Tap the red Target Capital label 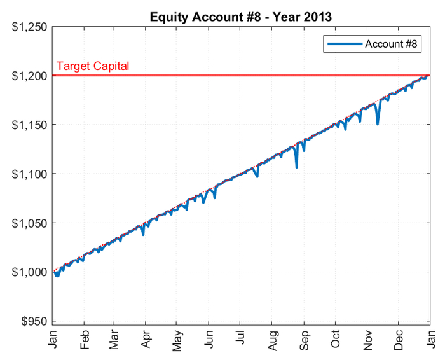point(93,66)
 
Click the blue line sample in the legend point(344,44)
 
